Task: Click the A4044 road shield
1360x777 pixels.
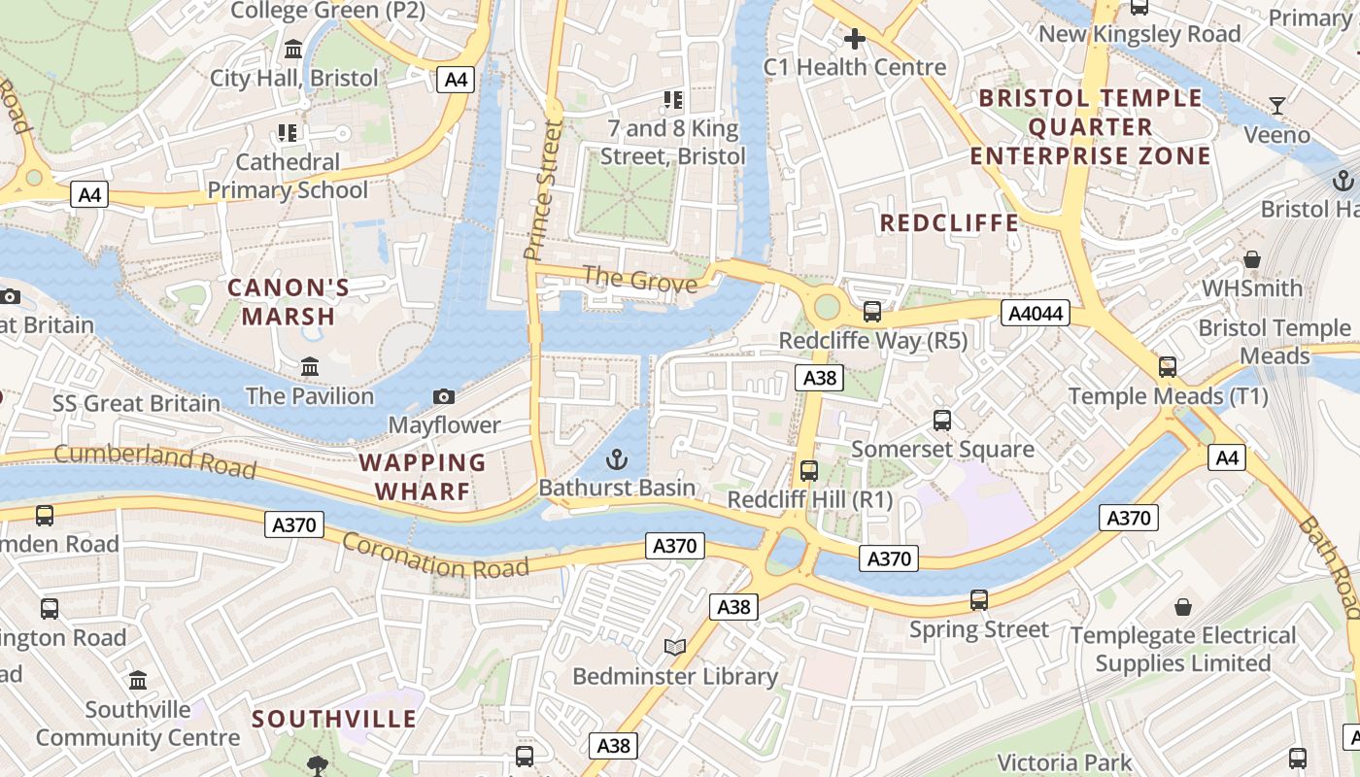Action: [x=1036, y=313]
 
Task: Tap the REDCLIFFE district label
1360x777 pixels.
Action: [x=949, y=223]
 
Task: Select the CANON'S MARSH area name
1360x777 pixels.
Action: [x=289, y=302]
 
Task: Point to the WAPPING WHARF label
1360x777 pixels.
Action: [x=423, y=477]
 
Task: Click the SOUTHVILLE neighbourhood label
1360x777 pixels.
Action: [x=334, y=720]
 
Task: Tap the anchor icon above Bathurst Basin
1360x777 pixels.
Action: [x=617, y=458]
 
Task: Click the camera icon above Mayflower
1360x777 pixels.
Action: [x=444, y=396]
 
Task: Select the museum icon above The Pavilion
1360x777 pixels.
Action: [x=310, y=367]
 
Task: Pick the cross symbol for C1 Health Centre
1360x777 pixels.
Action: [x=855, y=39]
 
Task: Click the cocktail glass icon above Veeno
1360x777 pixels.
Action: [x=1277, y=105]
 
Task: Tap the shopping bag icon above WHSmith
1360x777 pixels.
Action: [x=1252, y=259]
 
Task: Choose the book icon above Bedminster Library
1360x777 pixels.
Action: [x=674, y=647]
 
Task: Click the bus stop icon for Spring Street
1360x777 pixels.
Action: [x=979, y=600]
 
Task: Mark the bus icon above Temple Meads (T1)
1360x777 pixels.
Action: [x=1168, y=367]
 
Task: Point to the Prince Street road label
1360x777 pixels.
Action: [x=543, y=190]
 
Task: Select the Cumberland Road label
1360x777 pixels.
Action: [x=155, y=460]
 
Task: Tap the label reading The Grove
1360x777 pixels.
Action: [x=639, y=281]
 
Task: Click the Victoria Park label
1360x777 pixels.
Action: [x=1065, y=762]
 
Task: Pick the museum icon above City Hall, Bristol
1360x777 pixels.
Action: [x=293, y=49]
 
